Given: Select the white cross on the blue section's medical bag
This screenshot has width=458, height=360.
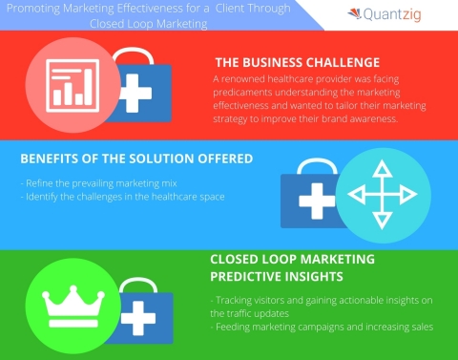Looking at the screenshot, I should (x=315, y=204).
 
